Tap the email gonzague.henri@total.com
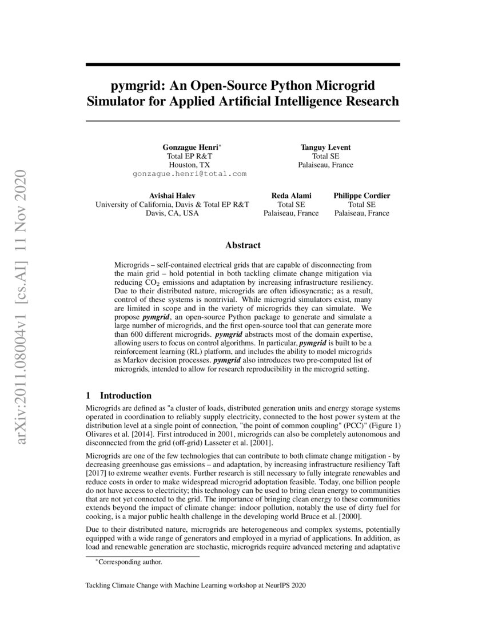189,173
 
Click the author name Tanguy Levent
325,147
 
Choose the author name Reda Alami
291,196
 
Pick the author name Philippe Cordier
362,196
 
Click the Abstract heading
242,245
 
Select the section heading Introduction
125,396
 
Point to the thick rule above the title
242,65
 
